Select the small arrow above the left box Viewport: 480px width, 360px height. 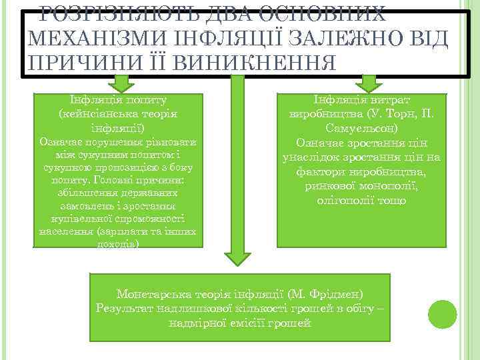[121, 83]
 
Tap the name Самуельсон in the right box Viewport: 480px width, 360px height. [363, 127]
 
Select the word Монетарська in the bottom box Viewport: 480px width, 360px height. [153, 293]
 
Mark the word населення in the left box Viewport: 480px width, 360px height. [63, 232]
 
